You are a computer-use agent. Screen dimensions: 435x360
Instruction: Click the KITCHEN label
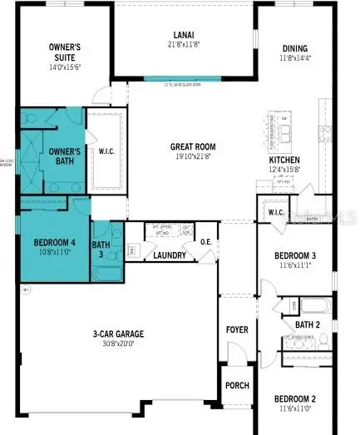click(x=284, y=161)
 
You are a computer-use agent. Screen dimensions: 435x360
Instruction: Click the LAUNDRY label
click(x=169, y=255)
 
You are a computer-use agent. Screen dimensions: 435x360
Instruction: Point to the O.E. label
click(x=206, y=243)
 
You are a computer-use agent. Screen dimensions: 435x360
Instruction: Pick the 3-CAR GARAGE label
click(x=118, y=334)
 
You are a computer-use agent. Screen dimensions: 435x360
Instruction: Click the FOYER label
click(x=237, y=330)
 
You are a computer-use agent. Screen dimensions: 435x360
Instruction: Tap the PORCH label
click(x=236, y=386)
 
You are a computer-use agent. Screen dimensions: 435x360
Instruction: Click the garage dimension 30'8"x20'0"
click(x=118, y=344)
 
